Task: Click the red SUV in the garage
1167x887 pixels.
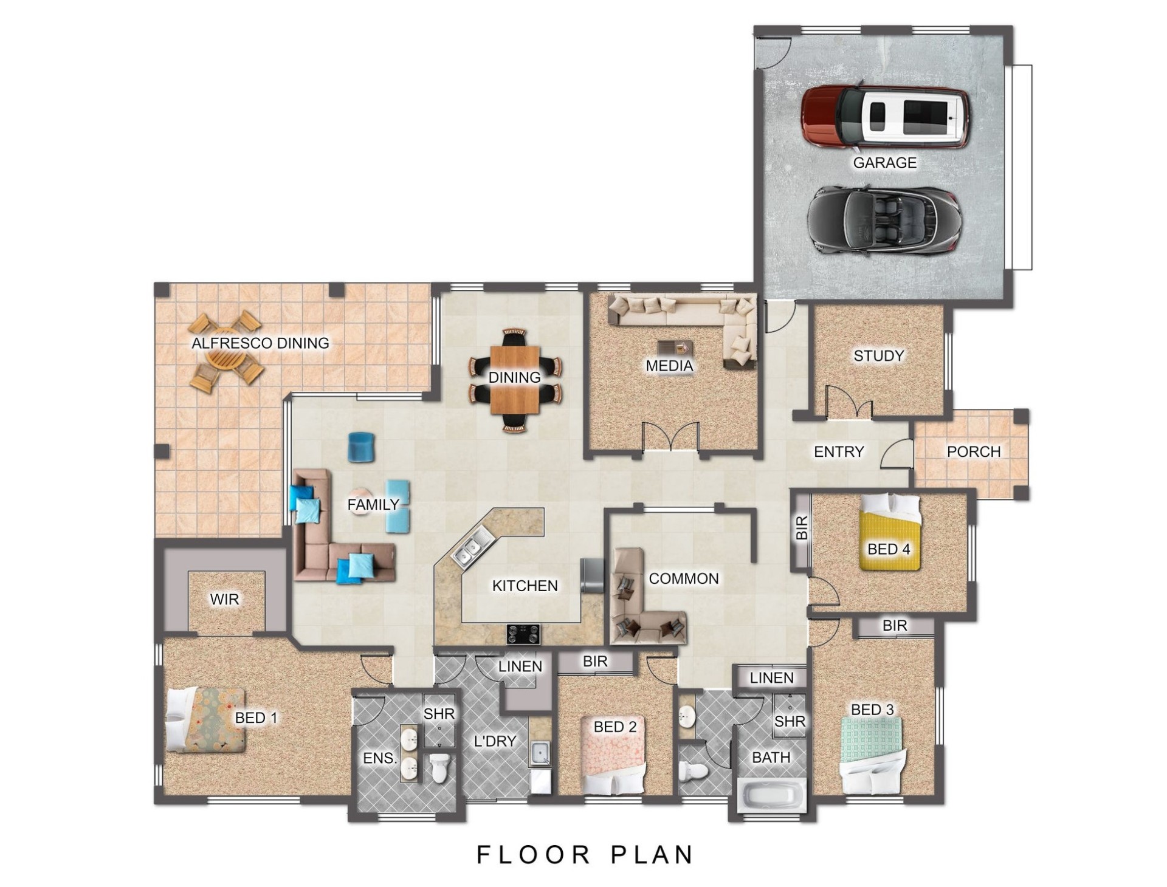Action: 885,117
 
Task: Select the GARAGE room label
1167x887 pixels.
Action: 884,162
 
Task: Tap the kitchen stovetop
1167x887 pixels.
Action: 523,634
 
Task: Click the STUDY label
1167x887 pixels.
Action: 878,355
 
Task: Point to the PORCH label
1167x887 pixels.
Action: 974,451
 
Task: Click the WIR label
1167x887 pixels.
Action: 224,600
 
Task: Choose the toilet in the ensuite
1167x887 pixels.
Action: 438,767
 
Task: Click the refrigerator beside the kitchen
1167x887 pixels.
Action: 593,575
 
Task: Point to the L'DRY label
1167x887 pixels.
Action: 495,741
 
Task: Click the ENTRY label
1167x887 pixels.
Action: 839,451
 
